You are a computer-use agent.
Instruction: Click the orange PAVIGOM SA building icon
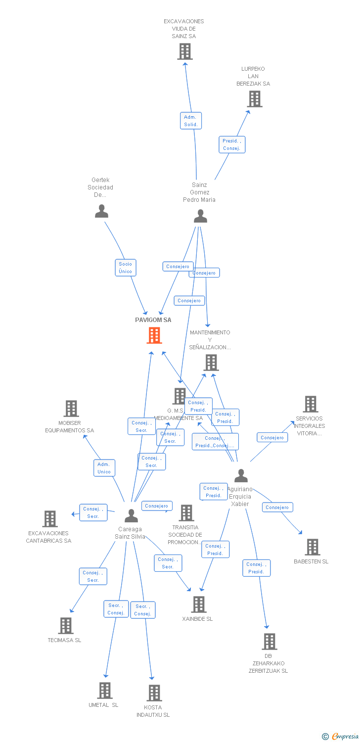click(x=154, y=335)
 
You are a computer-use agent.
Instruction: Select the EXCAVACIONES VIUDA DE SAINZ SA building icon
click(x=185, y=51)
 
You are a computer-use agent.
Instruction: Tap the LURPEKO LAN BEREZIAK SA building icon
click(x=255, y=99)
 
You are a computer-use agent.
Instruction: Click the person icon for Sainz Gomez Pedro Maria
click(x=200, y=216)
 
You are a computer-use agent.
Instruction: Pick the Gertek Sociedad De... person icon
click(x=101, y=211)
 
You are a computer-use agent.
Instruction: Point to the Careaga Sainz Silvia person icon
click(x=131, y=515)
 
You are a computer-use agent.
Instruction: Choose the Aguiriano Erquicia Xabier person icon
click(x=241, y=475)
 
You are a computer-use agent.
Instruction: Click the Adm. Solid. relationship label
click(x=191, y=121)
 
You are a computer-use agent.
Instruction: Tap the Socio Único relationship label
click(x=125, y=268)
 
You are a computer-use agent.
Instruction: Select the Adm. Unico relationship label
click(x=104, y=468)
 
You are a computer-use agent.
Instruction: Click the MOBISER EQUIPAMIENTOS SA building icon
click(x=71, y=409)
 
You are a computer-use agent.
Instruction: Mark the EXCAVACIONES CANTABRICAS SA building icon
click(x=50, y=519)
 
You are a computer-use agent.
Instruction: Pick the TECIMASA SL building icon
click(x=66, y=626)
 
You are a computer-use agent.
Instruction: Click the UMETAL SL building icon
click(x=105, y=691)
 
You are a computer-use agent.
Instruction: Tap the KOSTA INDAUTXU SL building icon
click(x=154, y=693)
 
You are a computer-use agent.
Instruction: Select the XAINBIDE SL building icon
click(x=199, y=604)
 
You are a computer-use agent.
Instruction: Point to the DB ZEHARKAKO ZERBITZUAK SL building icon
click(x=269, y=642)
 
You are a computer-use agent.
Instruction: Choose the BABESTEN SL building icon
click(x=313, y=547)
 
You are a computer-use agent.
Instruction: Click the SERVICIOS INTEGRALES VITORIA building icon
click(x=310, y=404)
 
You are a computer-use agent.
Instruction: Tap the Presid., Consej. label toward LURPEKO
click(x=232, y=144)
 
